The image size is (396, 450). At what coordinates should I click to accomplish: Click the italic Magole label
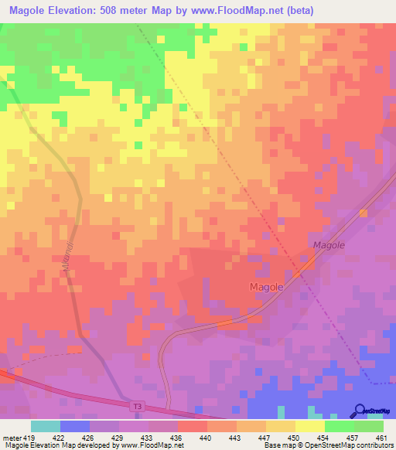(328, 244)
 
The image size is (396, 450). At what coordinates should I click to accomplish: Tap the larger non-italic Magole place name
(267, 286)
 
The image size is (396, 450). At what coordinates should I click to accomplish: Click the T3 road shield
(136, 406)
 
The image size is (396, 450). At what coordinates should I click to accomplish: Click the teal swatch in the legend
(46, 426)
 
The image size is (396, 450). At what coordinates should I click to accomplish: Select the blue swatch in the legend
(75, 426)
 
